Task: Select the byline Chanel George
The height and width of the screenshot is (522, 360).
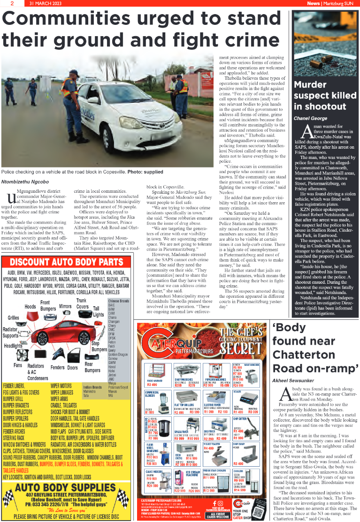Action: coord(311,119)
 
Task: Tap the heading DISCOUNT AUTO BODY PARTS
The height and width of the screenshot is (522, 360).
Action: coord(67,262)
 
